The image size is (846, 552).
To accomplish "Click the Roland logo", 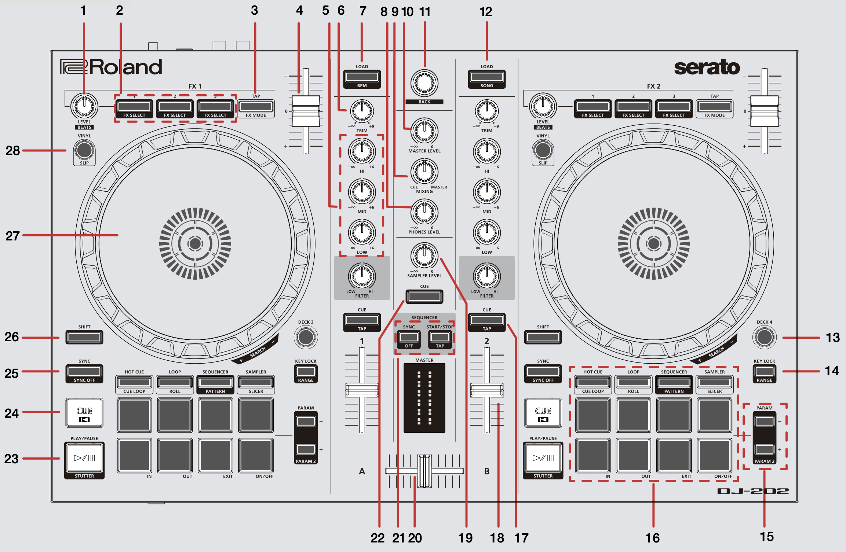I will point(111,67).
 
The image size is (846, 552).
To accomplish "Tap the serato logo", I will point(707,67).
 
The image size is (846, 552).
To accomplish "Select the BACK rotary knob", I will point(424,83).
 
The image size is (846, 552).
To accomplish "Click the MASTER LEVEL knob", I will point(424,131).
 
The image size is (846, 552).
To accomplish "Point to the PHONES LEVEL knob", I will point(424,212).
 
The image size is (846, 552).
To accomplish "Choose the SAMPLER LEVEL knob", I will point(424,255).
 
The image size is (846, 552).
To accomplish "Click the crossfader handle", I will point(424,471).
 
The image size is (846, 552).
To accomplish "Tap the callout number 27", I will point(12,236).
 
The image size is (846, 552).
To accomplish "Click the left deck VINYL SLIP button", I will point(84,150).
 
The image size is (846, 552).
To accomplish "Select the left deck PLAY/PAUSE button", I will point(84,458).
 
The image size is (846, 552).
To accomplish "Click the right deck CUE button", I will point(543,413).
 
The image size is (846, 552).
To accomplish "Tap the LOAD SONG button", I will point(487,77).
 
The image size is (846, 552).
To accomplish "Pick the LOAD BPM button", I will point(362,77).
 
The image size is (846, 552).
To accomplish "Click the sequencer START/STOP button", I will point(440,337).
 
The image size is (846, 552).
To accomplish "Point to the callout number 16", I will point(653,538).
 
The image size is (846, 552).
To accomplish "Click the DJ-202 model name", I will point(753,491).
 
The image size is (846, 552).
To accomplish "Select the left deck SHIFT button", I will point(84,337).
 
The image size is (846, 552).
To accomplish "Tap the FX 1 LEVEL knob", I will point(84,106).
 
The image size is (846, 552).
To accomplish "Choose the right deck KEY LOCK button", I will point(765,371).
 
